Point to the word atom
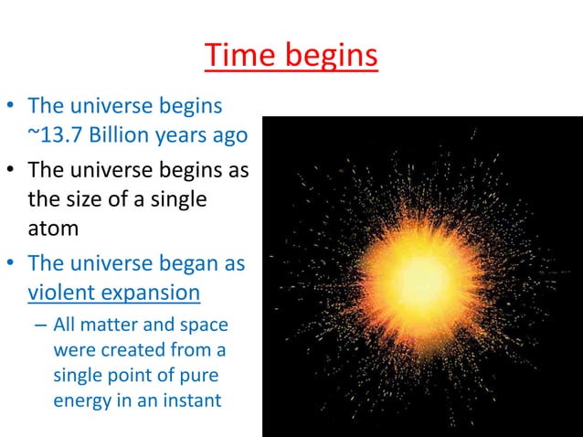pyautogui.click(x=52, y=228)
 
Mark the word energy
pyautogui.click(x=80, y=400)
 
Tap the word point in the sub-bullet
pyautogui.click(x=140, y=374)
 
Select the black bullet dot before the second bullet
pyautogui.click(x=12, y=171)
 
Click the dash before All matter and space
pyautogui.click(x=41, y=325)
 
